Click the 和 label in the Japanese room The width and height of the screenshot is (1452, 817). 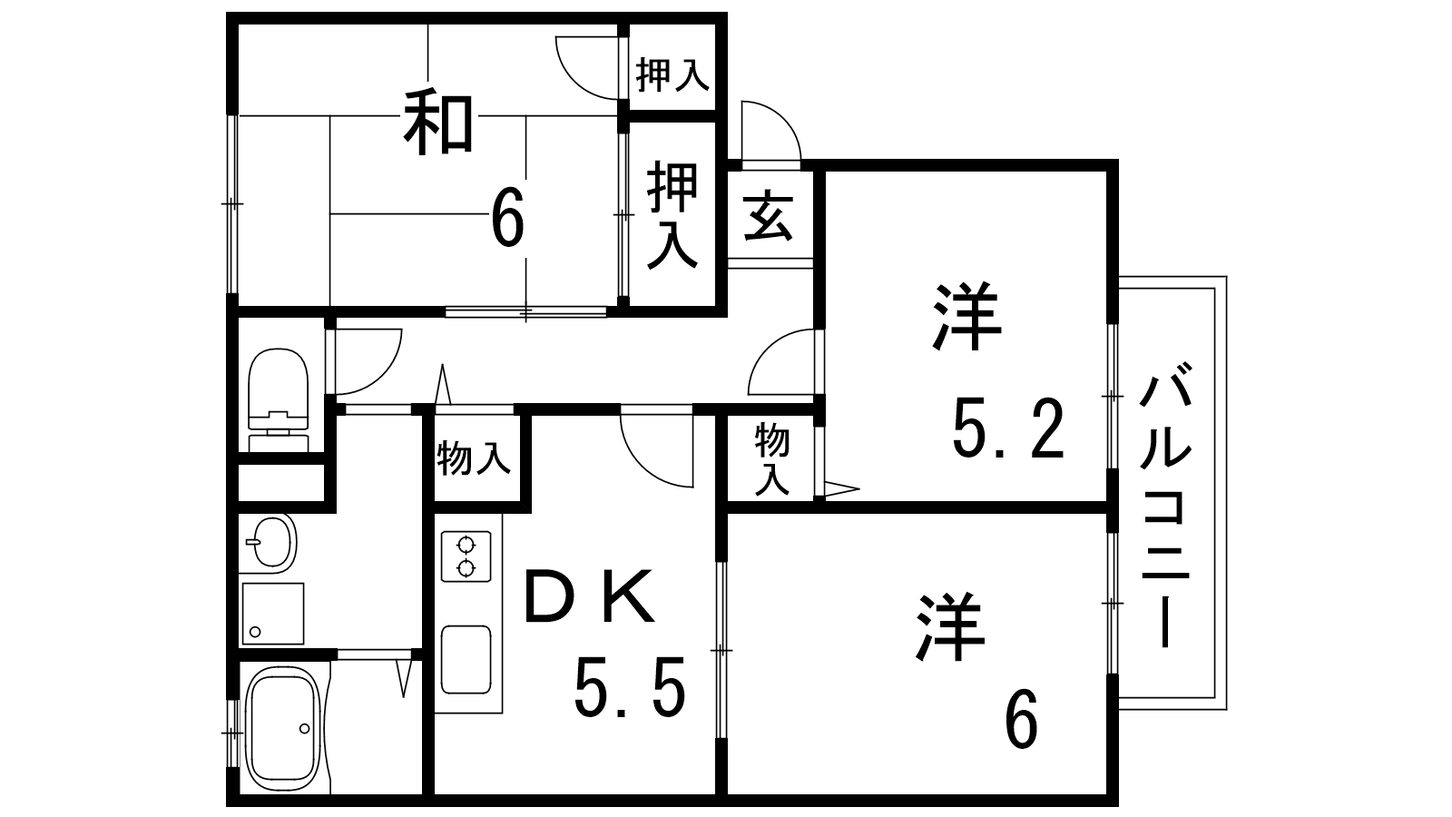[x=438, y=124]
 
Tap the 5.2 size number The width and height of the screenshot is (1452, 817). [x=1008, y=428]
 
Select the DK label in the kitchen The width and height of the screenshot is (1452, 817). [x=589, y=596]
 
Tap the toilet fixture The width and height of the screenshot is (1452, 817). [x=278, y=399]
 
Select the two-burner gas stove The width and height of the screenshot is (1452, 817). [x=466, y=556]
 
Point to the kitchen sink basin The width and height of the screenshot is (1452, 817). [x=466, y=659]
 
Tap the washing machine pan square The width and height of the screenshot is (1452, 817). [x=273, y=614]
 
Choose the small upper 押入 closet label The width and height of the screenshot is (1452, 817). [x=672, y=74]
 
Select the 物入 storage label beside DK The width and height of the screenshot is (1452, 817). [x=474, y=458]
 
